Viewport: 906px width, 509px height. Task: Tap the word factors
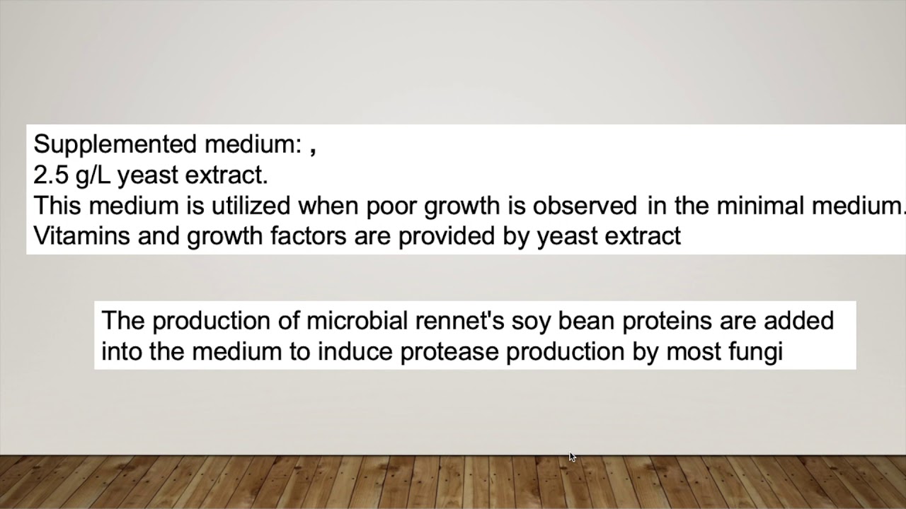click(x=309, y=236)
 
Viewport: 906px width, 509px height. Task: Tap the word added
click(x=801, y=321)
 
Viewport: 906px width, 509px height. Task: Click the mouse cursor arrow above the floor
click(x=572, y=457)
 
